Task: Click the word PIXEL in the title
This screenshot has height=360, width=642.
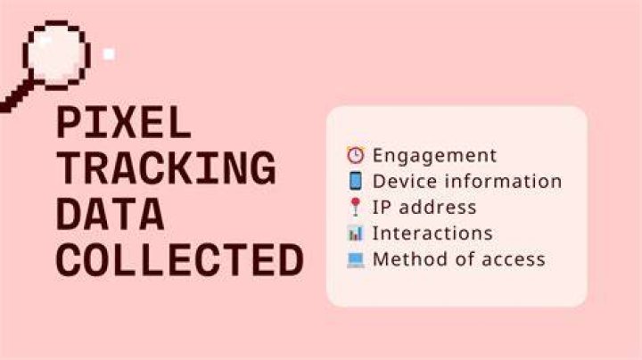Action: click(x=124, y=122)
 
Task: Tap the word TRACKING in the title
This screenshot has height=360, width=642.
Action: click(x=166, y=168)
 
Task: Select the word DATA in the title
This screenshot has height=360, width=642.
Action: click(x=111, y=214)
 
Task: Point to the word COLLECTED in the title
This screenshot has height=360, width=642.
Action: click(x=180, y=260)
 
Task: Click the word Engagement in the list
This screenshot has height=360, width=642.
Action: click(x=434, y=156)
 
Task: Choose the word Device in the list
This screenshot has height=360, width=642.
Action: click(x=405, y=181)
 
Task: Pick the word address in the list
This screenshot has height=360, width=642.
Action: click(x=437, y=207)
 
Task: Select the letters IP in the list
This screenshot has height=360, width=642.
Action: click(x=382, y=208)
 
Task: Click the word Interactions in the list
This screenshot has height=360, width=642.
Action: click(x=432, y=233)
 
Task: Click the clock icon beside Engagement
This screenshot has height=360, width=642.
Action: click(x=356, y=155)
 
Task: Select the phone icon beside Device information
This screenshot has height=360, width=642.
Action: click(x=356, y=181)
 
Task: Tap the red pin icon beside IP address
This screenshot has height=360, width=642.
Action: click(x=356, y=207)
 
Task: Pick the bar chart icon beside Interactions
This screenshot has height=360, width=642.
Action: click(x=356, y=233)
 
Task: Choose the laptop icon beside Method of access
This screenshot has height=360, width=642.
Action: click(x=356, y=259)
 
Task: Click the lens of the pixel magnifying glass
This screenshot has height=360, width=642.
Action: click(x=56, y=54)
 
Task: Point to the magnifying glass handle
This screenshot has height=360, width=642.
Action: click(x=15, y=96)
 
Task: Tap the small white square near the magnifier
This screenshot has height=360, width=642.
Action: click(x=109, y=54)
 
